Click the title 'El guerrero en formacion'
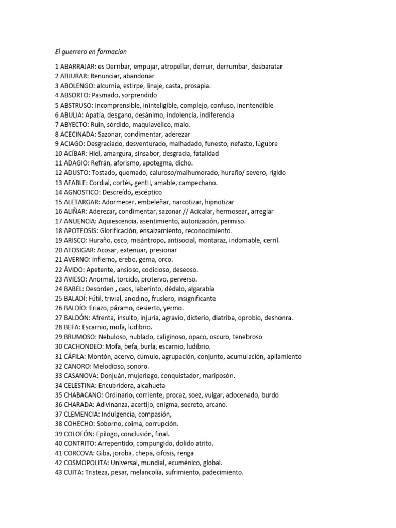pos(91,52)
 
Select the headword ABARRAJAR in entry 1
pos(78,67)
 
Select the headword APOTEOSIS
pos(80,230)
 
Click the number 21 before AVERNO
pos(58,259)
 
